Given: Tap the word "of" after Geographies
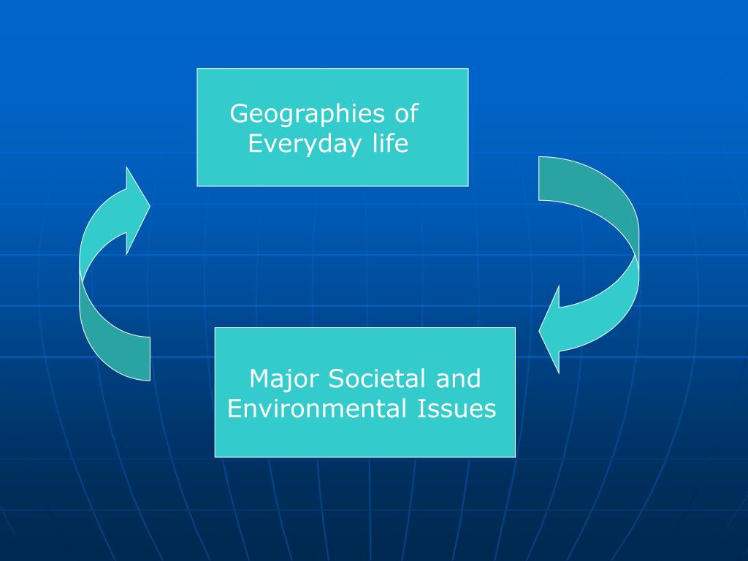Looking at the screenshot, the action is tap(406, 113).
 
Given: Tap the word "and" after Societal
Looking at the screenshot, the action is tap(459, 378).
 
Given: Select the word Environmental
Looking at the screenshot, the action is tap(316, 408).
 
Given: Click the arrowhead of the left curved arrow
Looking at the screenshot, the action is tap(135, 207).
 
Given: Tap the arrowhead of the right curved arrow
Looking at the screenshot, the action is tap(552, 331).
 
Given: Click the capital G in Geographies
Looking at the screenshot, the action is tap(238, 113).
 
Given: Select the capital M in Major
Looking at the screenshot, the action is tap(258, 378).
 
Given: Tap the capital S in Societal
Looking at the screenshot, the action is tap(335, 378).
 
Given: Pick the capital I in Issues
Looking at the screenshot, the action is tap(421, 408).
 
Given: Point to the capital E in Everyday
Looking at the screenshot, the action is tap(254, 143).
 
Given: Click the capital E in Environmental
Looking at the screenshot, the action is tap(234, 408).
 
